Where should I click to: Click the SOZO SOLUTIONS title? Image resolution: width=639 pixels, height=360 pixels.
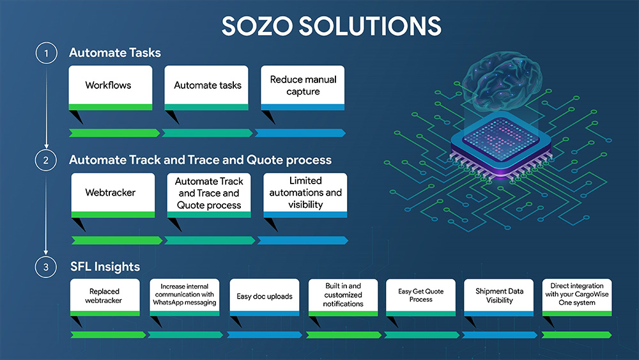[331, 26]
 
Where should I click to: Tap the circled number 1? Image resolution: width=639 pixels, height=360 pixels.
[46, 53]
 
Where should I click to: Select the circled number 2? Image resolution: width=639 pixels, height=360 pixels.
[45, 160]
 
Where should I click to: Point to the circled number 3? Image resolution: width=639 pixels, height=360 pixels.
[45, 267]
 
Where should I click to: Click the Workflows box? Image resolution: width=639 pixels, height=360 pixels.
[111, 88]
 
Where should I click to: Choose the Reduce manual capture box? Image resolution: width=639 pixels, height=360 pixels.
[302, 88]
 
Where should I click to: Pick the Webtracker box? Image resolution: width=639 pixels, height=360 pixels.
[113, 195]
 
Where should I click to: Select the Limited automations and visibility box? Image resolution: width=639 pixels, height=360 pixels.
[305, 195]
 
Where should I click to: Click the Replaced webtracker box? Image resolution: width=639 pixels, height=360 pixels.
[105, 297]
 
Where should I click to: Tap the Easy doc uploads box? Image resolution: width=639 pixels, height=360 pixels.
[265, 297]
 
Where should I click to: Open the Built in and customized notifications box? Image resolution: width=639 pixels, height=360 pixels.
[343, 297]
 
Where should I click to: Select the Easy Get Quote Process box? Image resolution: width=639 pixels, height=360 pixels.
[420, 297]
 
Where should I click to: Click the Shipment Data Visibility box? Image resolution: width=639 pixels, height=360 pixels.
[499, 297]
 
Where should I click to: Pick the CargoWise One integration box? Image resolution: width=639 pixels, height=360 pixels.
[577, 297]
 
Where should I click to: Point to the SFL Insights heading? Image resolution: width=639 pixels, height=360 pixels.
[105, 267]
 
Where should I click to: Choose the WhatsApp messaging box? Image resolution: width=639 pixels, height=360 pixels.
[185, 297]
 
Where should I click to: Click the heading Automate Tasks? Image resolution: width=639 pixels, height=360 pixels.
[115, 52]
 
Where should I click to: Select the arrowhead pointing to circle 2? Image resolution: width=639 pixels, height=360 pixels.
[46, 146]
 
